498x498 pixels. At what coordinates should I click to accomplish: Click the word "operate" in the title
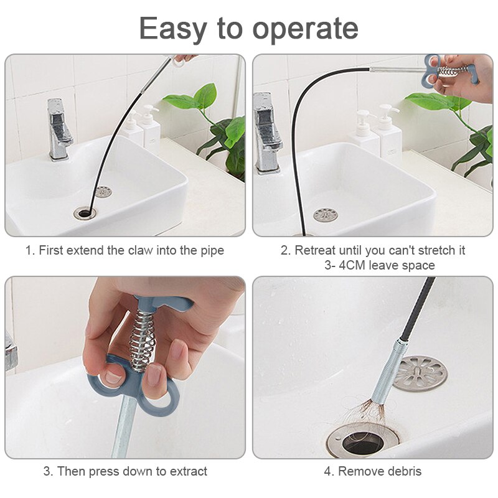305,29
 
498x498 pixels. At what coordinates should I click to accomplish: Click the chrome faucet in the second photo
267,131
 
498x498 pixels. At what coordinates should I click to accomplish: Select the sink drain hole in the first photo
85,213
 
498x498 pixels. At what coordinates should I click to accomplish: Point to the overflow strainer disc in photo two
326,215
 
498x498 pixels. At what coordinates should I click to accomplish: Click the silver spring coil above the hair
388,374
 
